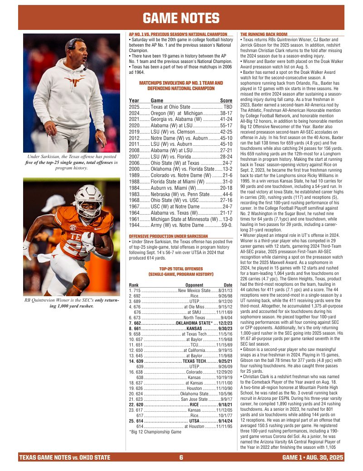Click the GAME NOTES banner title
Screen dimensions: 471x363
(x=181, y=18)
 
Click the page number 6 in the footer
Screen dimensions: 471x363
(x=181, y=457)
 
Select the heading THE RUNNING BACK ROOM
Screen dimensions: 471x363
(x=263, y=34)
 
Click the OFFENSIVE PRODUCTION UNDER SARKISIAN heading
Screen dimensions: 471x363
(x=168, y=236)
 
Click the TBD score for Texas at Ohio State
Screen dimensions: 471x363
(x=228, y=107)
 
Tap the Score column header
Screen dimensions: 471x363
(x=226, y=101)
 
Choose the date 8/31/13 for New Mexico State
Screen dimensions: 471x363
(x=225, y=290)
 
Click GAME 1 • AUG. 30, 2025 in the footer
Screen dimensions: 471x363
(x=313, y=457)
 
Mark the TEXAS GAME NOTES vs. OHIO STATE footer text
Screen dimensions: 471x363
(x=64, y=457)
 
